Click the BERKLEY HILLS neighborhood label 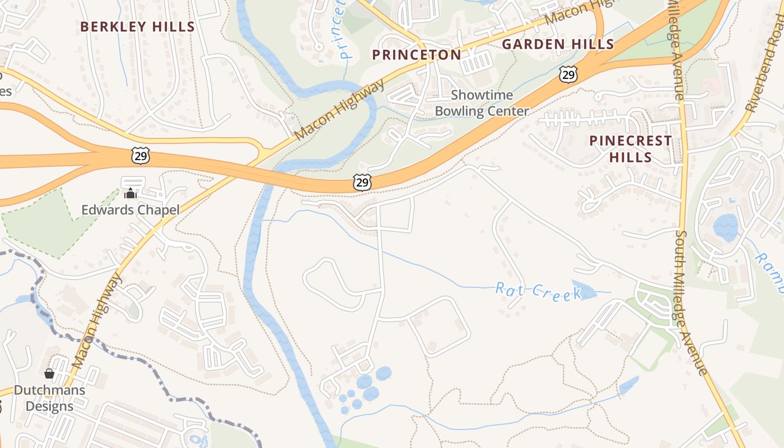click(137, 26)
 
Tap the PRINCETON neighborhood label click(417, 54)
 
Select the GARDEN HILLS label click(558, 44)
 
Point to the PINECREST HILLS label click(631, 148)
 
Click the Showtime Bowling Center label click(482, 103)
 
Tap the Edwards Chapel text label click(130, 210)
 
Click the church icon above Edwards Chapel click(130, 193)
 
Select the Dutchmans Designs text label click(50, 398)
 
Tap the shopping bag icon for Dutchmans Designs click(49, 373)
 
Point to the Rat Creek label click(538, 291)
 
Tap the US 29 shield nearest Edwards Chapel click(141, 156)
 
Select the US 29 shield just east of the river click(362, 181)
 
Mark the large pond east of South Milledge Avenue click(726, 227)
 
